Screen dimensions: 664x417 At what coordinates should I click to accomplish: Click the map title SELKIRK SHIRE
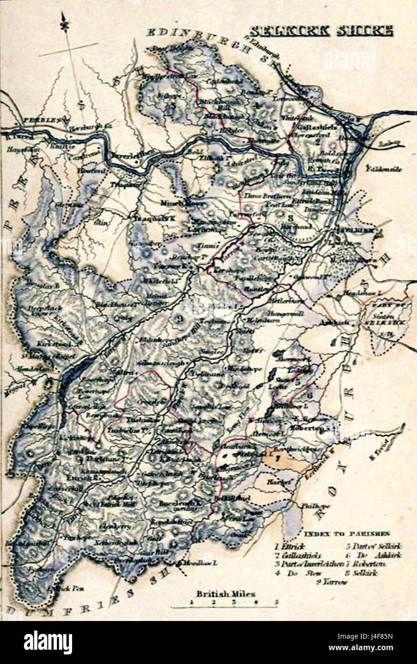pyautogui.click(x=321, y=32)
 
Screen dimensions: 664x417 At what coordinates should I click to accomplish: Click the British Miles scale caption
pyautogui.click(x=225, y=594)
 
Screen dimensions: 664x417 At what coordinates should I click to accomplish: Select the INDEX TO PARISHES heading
pyautogui.click(x=346, y=534)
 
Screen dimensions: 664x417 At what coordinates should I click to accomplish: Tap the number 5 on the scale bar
pyautogui.click(x=276, y=602)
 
